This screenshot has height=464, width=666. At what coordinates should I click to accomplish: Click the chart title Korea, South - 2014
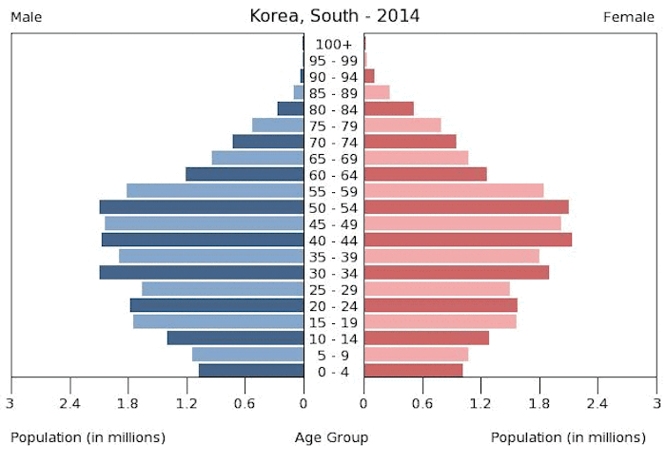[x=333, y=16]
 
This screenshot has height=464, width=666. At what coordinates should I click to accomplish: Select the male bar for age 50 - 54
[x=202, y=207]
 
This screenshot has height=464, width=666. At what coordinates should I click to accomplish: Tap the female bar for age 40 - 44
[x=467, y=240]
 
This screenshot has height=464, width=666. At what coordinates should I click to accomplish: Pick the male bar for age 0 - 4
[x=251, y=371]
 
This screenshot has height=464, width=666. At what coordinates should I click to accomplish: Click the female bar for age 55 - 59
[x=453, y=191]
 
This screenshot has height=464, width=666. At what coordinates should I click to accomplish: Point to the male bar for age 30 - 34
[x=202, y=273]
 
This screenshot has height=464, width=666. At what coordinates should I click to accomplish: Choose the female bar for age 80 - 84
[x=388, y=109]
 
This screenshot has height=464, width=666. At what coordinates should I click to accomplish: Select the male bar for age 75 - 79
[x=278, y=126]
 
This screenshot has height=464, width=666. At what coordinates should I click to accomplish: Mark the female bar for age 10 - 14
[x=425, y=338]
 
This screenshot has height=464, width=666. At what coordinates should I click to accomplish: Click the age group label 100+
[x=334, y=45]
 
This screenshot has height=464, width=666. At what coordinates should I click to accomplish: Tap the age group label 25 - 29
[x=334, y=289]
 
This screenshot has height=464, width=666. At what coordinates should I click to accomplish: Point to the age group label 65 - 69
[x=334, y=159]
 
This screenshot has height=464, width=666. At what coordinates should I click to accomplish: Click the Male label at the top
[x=26, y=17]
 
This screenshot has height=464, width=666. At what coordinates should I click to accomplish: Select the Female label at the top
[x=629, y=17]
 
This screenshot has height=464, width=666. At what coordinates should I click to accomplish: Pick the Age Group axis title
[x=332, y=437]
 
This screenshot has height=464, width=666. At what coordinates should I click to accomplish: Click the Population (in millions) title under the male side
[x=88, y=437]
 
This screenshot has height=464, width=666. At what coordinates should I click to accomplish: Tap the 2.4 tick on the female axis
[x=597, y=404]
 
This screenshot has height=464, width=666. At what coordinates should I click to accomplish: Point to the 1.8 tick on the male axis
[x=127, y=404]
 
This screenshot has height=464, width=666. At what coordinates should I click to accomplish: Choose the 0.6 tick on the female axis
[x=421, y=404]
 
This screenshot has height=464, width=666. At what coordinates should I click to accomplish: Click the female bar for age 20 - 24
[x=440, y=305]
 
